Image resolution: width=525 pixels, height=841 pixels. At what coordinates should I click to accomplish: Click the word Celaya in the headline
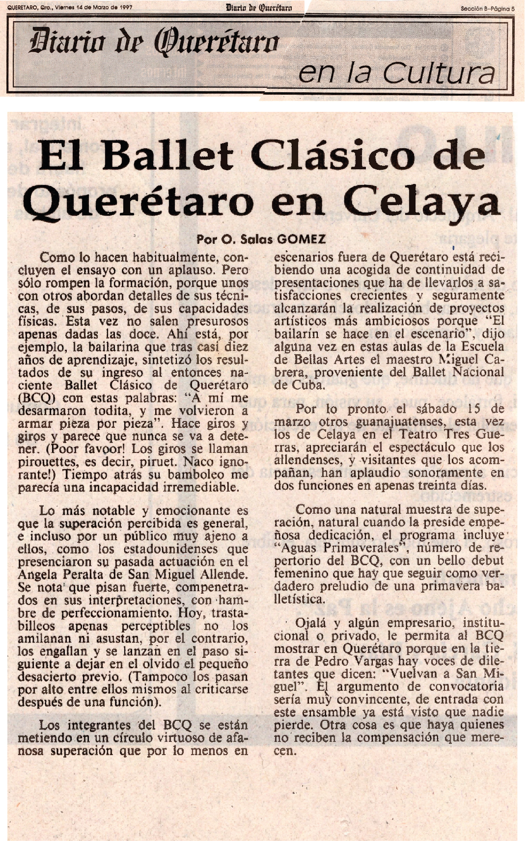pos(421,201)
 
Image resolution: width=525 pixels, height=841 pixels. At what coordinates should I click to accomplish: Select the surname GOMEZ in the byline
pos(301,239)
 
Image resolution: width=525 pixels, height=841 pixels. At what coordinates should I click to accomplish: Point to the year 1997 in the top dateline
pos(123,7)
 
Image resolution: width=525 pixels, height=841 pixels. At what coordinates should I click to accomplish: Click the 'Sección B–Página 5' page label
pos(487,8)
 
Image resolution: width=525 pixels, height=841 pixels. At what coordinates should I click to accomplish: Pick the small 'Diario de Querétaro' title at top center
pos(259,7)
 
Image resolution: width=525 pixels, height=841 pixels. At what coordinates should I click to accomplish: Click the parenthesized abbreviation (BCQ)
pos(36,398)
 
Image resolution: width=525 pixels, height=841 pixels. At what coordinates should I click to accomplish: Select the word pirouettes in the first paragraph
pos(49,462)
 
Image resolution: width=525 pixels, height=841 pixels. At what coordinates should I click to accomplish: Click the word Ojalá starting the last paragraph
pos(313,623)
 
